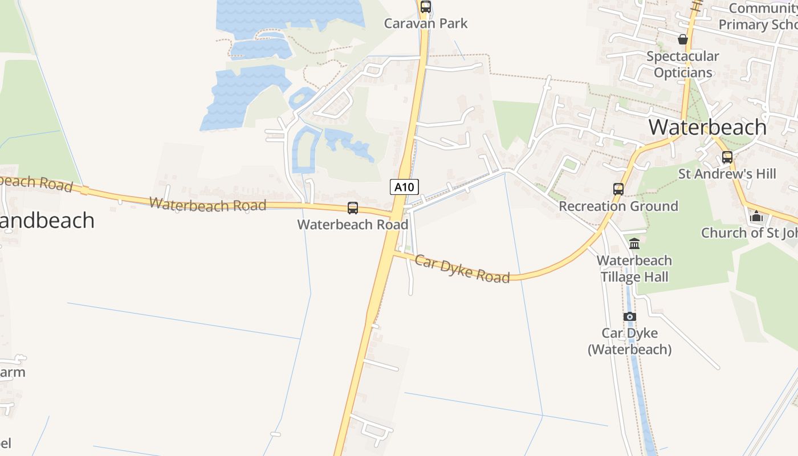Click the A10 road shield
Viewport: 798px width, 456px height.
pos(405,186)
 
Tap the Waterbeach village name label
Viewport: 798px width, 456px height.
pos(707,127)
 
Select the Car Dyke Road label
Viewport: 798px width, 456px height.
pos(462,269)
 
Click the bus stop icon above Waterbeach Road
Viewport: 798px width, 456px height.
pos(353,208)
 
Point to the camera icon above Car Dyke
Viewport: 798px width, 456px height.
pos(629,316)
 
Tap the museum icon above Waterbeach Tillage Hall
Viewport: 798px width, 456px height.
pos(634,244)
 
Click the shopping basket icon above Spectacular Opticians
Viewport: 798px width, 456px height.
pos(682,39)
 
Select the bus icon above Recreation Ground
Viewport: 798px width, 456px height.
pos(618,189)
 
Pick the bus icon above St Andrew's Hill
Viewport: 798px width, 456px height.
pos(727,157)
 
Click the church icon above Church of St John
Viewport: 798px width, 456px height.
pos(756,216)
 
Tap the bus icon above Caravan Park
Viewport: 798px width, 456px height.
pos(426,7)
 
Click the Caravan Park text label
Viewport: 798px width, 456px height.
pos(426,23)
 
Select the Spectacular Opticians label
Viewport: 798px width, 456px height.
pos(683,64)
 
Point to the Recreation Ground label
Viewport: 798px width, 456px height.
pos(618,206)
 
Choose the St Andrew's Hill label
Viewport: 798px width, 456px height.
pos(727,174)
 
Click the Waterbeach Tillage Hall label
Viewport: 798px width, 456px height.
pos(634,268)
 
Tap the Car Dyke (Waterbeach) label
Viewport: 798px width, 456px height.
pos(630,341)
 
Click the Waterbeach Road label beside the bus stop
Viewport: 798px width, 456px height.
pos(353,225)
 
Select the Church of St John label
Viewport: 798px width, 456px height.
pos(749,233)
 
